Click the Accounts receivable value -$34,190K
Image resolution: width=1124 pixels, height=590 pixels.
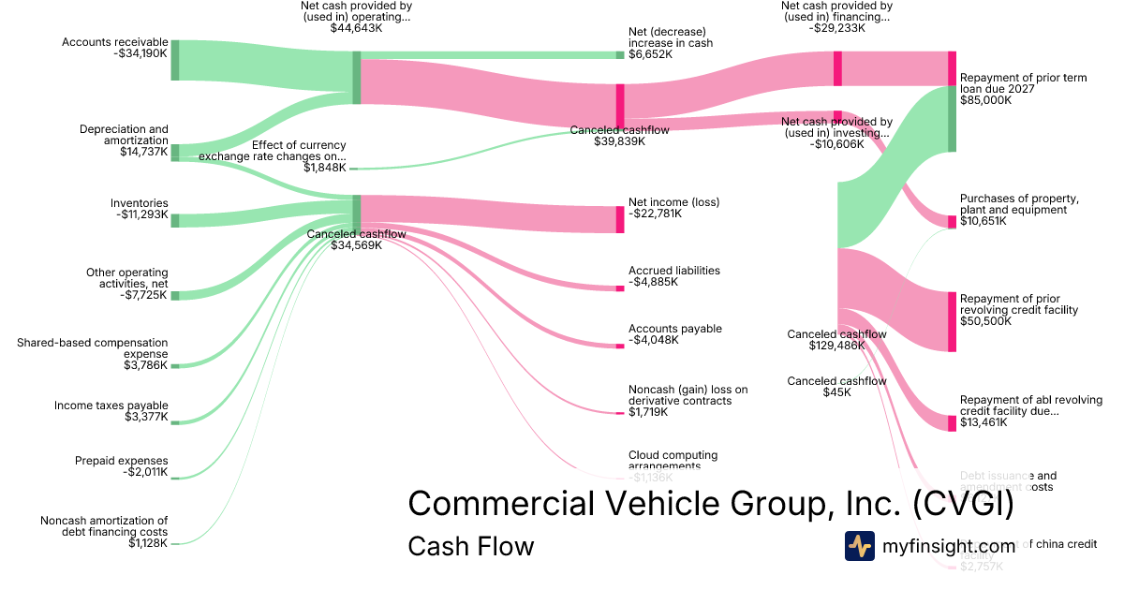(x=139, y=53)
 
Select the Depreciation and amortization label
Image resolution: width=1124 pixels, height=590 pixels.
(x=124, y=135)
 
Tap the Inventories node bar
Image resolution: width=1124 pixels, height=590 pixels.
(x=174, y=220)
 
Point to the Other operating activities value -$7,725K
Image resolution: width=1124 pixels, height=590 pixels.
(x=144, y=295)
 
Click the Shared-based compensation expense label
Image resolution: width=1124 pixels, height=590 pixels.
(x=93, y=348)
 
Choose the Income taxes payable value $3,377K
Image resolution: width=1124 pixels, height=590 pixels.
(x=147, y=417)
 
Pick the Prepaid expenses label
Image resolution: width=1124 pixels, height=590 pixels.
(x=122, y=461)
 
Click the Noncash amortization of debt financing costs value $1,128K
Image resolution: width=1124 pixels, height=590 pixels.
(x=148, y=543)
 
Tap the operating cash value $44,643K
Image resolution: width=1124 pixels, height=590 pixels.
(x=356, y=28)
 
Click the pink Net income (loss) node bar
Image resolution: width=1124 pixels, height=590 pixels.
(x=620, y=219)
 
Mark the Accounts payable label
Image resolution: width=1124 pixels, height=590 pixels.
(x=675, y=329)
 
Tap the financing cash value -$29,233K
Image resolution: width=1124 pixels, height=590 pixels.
(x=836, y=28)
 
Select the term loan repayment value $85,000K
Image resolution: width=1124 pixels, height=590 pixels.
(x=985, y=100)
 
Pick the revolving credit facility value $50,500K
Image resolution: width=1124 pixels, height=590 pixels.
(x=985, y=321)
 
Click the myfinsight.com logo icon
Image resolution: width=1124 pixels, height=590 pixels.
(x=860, y=546)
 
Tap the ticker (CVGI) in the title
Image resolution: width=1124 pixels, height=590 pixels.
(x=965, y=504)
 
